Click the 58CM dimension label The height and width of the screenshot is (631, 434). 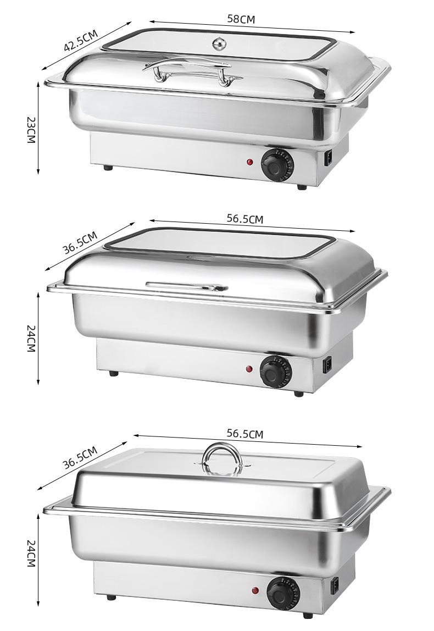click(x=241, y=19)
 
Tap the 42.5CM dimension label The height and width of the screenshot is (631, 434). click(x=81, y=40)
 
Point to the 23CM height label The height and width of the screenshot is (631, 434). click(x=31, y=130)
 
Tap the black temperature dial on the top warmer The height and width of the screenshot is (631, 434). click(x=277, y=164)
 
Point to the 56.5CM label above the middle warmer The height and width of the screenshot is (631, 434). click(x=245, y=219)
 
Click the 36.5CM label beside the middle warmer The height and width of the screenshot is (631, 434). click(x=80, y=242)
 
